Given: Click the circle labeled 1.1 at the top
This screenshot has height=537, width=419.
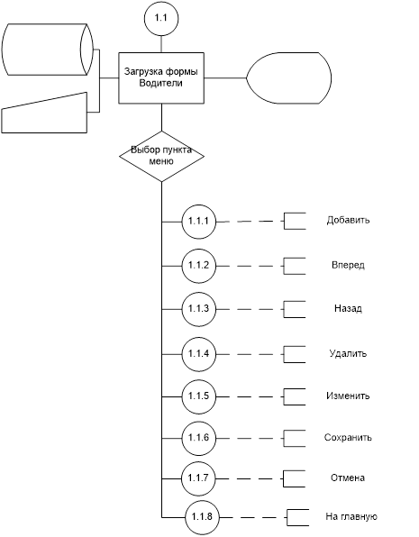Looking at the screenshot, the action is click(x=161, y=18).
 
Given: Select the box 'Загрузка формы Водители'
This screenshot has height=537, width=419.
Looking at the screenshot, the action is click(x=161, y=77).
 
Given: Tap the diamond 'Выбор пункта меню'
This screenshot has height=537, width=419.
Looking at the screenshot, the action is click(x=161, y=156).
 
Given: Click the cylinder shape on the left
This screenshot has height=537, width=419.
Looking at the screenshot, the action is click(x=48, y=50).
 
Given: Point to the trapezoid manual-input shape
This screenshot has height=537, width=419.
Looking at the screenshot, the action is click(x=44, y=113).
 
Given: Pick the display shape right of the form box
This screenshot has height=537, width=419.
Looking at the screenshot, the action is click(x=289, y=77).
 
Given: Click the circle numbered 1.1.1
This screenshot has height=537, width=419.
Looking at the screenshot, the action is click(x=199, y=222).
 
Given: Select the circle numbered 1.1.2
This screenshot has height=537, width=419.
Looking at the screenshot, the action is click(x=199, y=266).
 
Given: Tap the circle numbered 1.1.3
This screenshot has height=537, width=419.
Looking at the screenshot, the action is click(x=199, y=309).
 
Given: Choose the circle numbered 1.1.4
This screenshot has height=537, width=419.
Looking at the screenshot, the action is click(x=199, y=354).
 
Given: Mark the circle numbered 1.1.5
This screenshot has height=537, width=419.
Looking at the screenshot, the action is click(x=199, y=396).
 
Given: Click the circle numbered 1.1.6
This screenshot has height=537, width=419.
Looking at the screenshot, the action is click(x=199, y=439).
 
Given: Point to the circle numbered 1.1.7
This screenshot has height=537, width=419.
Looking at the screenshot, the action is click(x=199, y=478).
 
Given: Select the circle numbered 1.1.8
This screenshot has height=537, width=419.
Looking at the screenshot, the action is click(x=203, y=517).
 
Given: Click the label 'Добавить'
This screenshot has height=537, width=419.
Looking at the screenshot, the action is click(x=348, y=220).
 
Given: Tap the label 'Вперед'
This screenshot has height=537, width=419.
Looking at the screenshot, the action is click(x=348, y=265).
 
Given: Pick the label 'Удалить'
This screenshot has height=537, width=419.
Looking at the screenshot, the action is click(x=348, y=353).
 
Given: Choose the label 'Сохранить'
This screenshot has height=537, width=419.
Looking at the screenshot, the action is click(x=348, y=438).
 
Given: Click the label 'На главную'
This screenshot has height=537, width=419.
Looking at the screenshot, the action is click(x=351, y=516).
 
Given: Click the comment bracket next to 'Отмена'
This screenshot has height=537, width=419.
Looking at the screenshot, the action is click(x=284, y=478).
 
